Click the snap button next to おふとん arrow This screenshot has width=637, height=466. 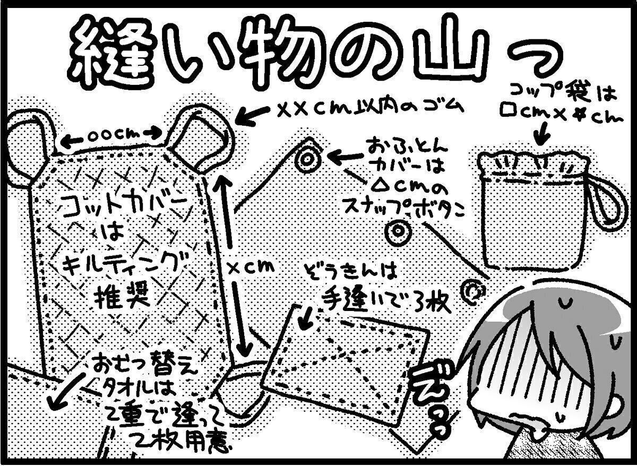pos(307,160)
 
